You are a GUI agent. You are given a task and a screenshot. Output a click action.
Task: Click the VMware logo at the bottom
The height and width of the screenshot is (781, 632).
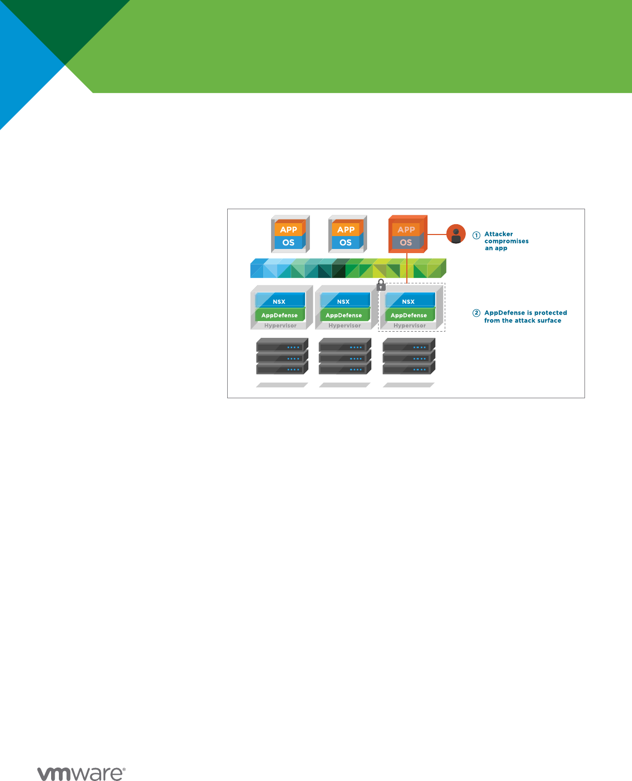pyautogui.click(x=81, y=773)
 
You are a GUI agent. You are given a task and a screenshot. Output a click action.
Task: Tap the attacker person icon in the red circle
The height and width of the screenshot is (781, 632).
pyautogui.click(x=456, y=234)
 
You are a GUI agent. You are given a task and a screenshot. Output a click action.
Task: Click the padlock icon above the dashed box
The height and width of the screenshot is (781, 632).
pyautogui.click(x=381, y=285)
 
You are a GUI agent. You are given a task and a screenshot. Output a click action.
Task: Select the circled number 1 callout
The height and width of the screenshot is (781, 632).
pyautogui.click(x=476, y=236)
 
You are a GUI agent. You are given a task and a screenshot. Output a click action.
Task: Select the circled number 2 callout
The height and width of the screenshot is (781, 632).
pyautogui.click(x=476, y=313)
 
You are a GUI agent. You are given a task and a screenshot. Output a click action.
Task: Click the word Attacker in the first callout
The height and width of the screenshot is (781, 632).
pyautogui.click(x=499, y=234)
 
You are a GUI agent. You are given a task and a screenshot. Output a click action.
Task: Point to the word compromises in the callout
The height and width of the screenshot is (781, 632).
pyautogui.click(x=506, y=241)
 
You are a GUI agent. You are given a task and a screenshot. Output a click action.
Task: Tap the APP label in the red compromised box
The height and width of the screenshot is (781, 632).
pyautogui.click(x=406, y=229)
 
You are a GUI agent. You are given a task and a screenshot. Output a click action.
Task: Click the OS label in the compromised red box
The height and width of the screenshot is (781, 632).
pyautogui.click(x=406, y=242)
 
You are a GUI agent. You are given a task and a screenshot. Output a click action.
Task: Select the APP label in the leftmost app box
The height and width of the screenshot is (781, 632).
pyautogui.click(x=289, y=229)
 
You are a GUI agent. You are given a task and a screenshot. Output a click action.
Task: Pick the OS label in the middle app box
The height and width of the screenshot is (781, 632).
pyautogui.click(x=345, y=242)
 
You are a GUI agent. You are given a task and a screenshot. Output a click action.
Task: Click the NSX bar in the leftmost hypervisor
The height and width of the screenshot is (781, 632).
pyautogui.click(x=280, y=300)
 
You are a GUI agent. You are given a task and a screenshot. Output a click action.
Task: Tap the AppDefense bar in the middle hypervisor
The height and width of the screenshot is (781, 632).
pyautogui.click(x=344, y=315)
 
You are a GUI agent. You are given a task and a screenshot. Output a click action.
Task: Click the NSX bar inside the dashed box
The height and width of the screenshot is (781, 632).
pyautogui.click(x=410, y=300)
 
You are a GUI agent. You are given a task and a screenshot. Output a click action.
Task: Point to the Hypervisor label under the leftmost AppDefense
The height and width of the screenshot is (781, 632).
pyautogui.click(x=280, y=325)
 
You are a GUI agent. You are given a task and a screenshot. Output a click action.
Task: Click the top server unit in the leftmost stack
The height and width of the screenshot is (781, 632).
pyautogui.click(x=282, y=346)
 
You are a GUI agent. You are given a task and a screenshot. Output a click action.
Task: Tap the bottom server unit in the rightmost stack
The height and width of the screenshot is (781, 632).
pyautogui.click(x=409, y=368)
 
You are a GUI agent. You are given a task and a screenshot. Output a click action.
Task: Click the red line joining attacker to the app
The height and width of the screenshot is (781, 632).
pyautogui.click(x=437, y=235)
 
